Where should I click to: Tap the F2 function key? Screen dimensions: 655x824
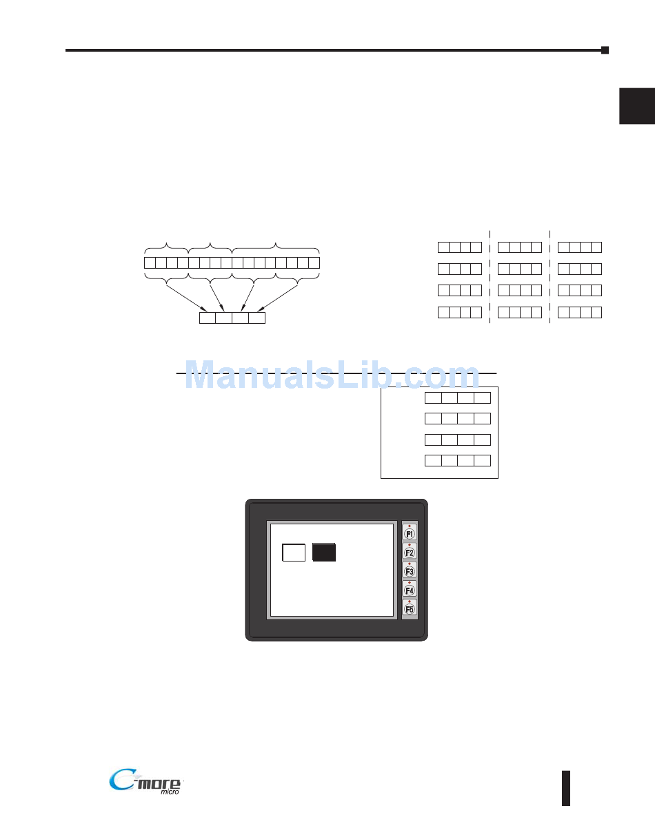click(410, 553)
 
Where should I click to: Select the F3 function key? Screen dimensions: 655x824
click(410, 571)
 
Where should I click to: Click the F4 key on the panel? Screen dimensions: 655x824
click(410, 590)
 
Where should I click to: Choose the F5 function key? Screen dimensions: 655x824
click(410, 609)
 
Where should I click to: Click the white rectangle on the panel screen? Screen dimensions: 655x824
click(294, 553)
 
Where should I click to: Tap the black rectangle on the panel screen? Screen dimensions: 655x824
click(324, 553)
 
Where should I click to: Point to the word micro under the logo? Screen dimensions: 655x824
click(170, 793)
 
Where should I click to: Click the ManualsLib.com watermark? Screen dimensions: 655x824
click(332, 376)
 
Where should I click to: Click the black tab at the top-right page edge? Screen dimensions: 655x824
click(636, 106)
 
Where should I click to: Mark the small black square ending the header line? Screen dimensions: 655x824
click(605, 50)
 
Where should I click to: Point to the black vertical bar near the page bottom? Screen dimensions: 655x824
click(566, 787)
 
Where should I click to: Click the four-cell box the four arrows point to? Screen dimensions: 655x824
click(232, 318)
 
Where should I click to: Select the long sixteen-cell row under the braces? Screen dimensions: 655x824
click(232, 262)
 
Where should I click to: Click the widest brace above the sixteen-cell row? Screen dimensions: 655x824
click(276, 247)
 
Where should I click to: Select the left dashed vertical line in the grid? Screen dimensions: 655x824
click(490, 276)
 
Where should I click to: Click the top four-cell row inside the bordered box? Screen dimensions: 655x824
click(457, 398)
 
